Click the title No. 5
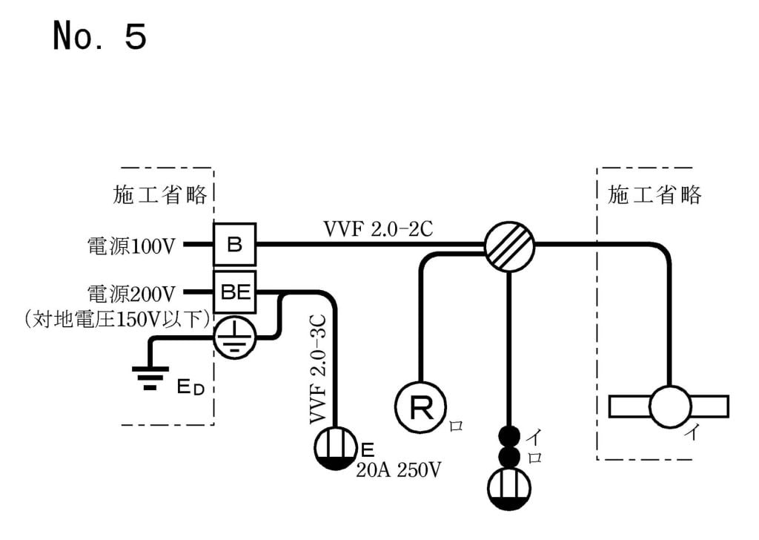[99, 36]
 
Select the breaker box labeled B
[234, 244]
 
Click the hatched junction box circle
[509, 244]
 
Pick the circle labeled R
[420, 406]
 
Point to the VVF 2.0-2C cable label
[378, 228]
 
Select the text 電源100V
[130, 246]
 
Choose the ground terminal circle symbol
[235, 338]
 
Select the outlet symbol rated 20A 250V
[337, 447]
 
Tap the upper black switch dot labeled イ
[509, 435]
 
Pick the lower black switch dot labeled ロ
[509, 455]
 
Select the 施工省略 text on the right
[654, 195]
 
